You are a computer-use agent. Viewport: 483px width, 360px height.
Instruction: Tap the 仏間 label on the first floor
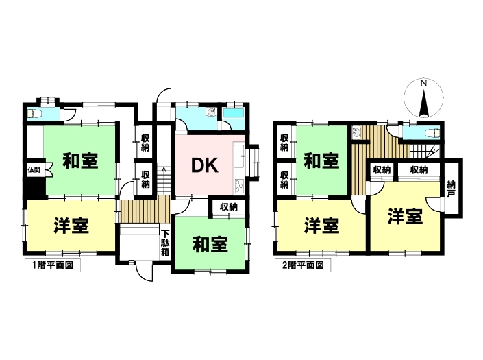pyautogui.click(x=34, y=169)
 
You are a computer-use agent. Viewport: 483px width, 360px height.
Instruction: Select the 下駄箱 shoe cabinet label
pyautogui.click(x=164, y=241)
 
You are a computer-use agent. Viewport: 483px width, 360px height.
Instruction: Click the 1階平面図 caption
pyautogui.click(x=53, y=264)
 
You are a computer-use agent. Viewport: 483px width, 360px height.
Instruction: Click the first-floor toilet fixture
pyautogui.click(x=34, y=113)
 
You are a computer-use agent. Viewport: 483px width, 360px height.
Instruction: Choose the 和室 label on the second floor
pyautogui.click(x=321, y=162)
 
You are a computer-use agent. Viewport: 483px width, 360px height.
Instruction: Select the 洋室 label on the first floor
pyautogui.click(x=70, y=226)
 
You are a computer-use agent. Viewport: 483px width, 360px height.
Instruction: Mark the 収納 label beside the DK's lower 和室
pyautogui.click(x=229, y=206)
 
